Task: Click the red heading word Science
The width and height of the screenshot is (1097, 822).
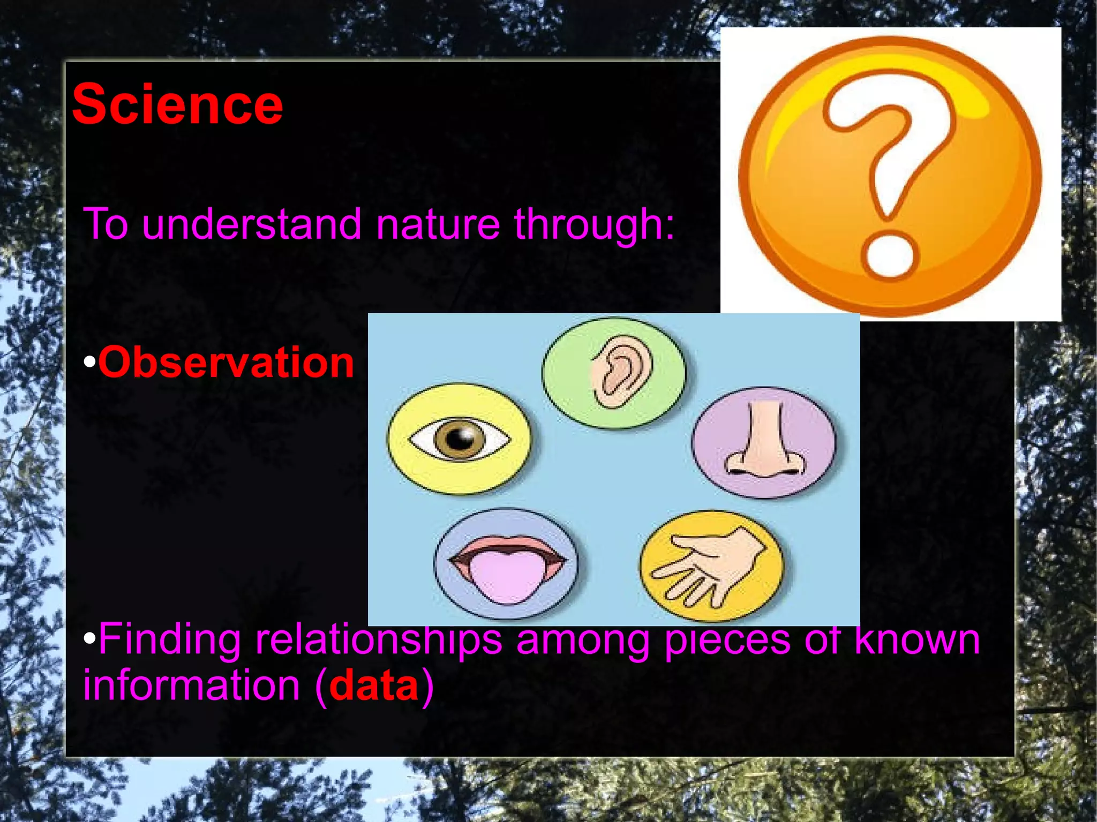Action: coord(177,105)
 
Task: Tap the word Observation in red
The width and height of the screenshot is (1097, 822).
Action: coord(226,363)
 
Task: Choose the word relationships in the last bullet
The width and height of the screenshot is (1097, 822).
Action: coord(378,640)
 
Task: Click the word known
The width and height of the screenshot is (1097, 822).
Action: coord(917,639)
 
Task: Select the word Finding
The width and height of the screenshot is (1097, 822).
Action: coord(169,640)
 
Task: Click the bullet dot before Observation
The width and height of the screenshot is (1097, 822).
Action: coord(89,363)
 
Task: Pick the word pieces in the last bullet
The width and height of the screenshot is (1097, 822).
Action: coord(727,640)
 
